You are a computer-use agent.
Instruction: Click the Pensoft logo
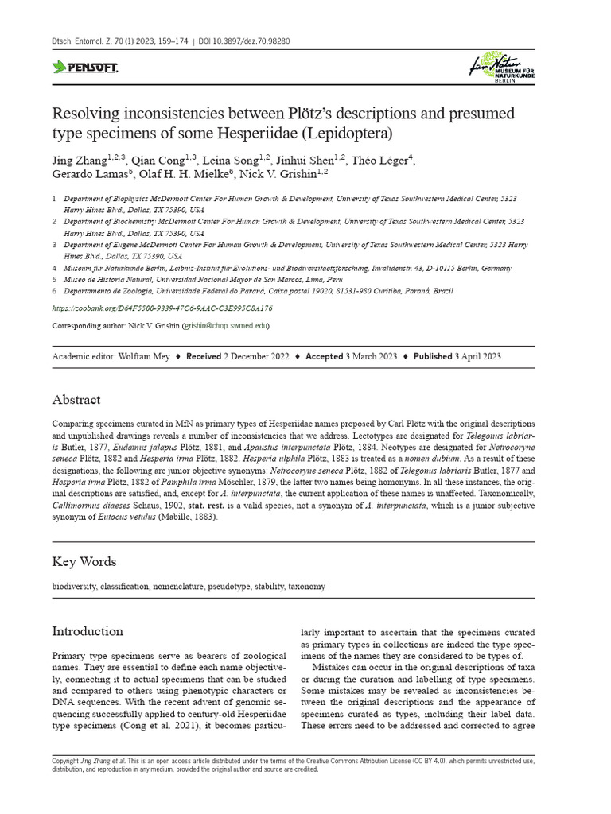pyautogui.click(x=84, y=68)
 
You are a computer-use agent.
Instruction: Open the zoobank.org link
pyautogui.click(x=162, y=308)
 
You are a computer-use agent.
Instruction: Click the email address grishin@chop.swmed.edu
pyautogui.click(x=226, y=326)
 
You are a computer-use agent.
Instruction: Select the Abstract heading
pyautogui.click(x=76, y=400)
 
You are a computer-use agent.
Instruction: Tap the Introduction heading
pyautogui.click(x=88, y=631)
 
